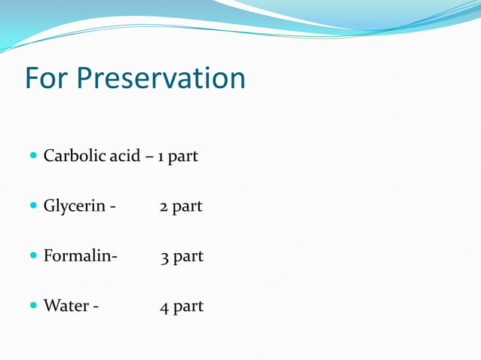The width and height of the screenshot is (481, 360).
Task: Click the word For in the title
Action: click(47, 78)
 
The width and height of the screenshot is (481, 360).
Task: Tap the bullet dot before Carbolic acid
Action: click(32, 157)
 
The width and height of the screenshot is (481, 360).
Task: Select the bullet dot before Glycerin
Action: click(32, 206)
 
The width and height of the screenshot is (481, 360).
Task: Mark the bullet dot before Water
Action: click(32, 307)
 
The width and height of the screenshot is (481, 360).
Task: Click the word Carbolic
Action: click(71, 156)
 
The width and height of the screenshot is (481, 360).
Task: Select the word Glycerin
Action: click(74, 206)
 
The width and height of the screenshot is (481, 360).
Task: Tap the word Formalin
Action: click(78, 256)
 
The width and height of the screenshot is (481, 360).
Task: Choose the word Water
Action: click(66, 306)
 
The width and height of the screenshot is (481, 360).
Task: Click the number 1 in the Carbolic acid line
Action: click(161, 157)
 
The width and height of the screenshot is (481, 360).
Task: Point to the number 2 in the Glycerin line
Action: click(164, 206)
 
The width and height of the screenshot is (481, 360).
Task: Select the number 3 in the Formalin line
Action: click(164, 257)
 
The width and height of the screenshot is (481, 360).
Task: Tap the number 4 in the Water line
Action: click(164, 307)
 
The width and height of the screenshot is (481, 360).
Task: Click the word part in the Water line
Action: click(188, 307)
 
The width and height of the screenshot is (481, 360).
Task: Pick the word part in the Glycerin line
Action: click(188, 207)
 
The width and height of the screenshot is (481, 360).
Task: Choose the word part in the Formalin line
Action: click(188, 258)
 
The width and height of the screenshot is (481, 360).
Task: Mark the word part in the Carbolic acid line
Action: click(183, 157)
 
